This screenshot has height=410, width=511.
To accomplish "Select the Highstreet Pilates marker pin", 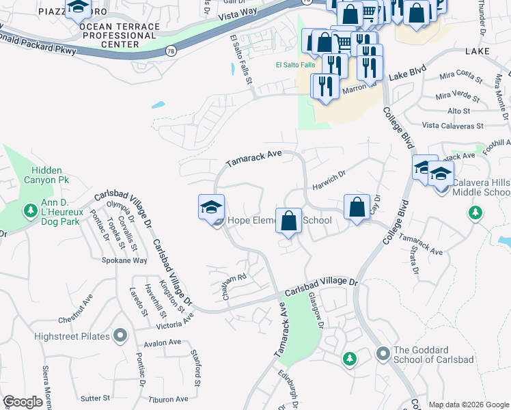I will click(120, 335).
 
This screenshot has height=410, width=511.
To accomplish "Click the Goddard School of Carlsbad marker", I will click(383, 353).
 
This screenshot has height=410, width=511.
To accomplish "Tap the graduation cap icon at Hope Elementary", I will click(212, 207).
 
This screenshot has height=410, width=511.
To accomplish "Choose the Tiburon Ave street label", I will click(169, 399).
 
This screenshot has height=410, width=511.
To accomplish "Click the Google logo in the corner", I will click(23, 402).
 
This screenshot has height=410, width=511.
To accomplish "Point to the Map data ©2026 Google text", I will click(469, 405).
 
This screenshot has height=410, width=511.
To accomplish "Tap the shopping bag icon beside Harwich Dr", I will click(356, 208).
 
